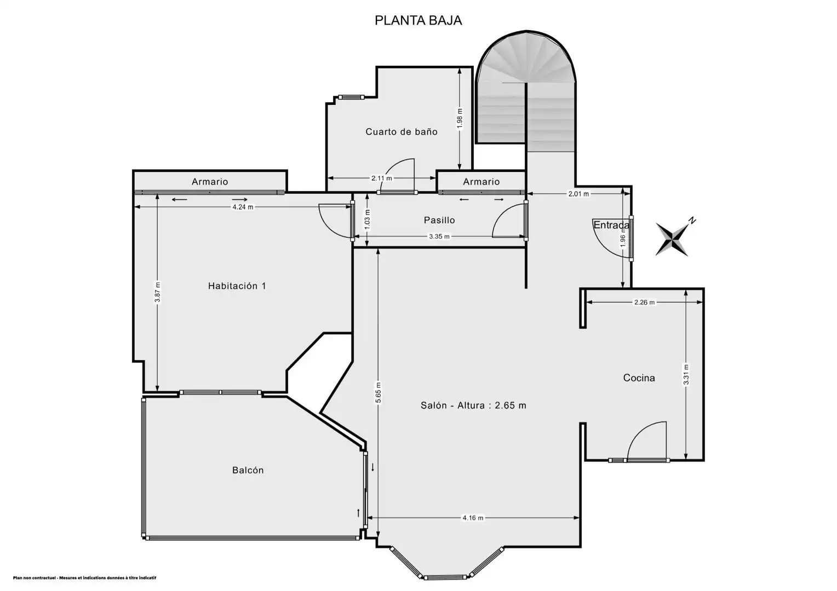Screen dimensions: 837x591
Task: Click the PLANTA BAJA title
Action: [418, 21]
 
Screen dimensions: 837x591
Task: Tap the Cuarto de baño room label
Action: [402, 131]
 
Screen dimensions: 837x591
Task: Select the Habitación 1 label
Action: [237, 286]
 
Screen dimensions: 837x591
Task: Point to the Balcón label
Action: [248, 470]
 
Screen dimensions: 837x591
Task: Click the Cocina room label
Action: [639, 378]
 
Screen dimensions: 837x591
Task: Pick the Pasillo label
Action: [439, 221]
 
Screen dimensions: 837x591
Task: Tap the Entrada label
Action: [611, 225]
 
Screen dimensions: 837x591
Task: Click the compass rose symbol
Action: [673, 237]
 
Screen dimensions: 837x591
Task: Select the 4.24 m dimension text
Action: [243, 207]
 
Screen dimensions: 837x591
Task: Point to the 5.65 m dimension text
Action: [378, 393]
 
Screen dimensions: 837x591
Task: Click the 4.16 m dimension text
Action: [473, 518]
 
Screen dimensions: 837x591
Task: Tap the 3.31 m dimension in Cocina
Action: [686, 374]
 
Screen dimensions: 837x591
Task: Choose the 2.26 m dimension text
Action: [645, 303]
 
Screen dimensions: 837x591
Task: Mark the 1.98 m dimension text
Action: [460, 118]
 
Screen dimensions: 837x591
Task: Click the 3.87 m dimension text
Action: [157, 292]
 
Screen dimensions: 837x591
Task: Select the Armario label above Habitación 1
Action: [210, 182]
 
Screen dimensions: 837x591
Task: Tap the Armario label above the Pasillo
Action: [481, 182]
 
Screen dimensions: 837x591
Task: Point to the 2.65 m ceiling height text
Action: [511, 405]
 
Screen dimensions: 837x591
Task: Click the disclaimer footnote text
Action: [84, 578]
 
